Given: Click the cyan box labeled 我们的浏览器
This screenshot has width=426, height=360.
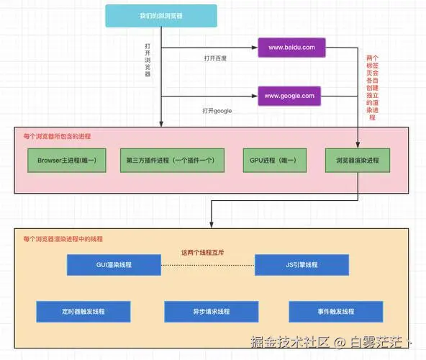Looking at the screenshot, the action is click(x=161, y=16).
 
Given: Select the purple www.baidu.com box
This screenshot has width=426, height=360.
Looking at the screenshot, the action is click(x=291, y=48).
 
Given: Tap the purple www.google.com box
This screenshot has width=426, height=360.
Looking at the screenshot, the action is click(x=289, y=96).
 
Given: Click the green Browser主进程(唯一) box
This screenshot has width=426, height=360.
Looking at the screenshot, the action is click(x=67, y=160).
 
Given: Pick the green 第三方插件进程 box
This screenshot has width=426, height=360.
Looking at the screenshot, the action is click(x=172, y=160).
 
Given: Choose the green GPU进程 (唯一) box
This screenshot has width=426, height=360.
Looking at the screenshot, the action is click(x=275, y=160).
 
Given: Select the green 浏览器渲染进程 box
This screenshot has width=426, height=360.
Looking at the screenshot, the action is click(x=358, y=160).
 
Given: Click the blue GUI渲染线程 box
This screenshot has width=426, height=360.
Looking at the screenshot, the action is click(x=114, y=265).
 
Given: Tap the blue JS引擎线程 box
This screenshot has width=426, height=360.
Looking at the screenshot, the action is click(x=302, y=265).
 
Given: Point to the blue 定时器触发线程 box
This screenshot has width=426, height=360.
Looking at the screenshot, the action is click(x=83, y=312).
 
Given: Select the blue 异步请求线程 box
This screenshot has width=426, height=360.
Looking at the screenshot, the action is click(x=212, y=312).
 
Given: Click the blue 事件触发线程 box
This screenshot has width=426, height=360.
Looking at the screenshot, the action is click(x=336, y=312).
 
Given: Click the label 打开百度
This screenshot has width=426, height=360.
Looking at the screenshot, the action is click(x=215, y=58).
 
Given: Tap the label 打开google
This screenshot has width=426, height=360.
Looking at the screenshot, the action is click(x=217, y=111).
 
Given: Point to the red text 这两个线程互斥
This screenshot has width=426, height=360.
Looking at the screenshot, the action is click(x=203, y=253).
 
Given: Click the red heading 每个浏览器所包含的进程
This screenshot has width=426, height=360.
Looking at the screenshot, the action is click(x=57, y=136).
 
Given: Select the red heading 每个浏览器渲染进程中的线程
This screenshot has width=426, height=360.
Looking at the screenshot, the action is click(x=63, y=239).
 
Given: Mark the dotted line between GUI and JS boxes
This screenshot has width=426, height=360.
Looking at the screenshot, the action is click(x=208, y=265).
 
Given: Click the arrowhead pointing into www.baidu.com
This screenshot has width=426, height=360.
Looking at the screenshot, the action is click(x=255, y=48).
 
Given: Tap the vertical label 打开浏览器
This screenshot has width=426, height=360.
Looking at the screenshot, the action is click(x=148, y=60).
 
